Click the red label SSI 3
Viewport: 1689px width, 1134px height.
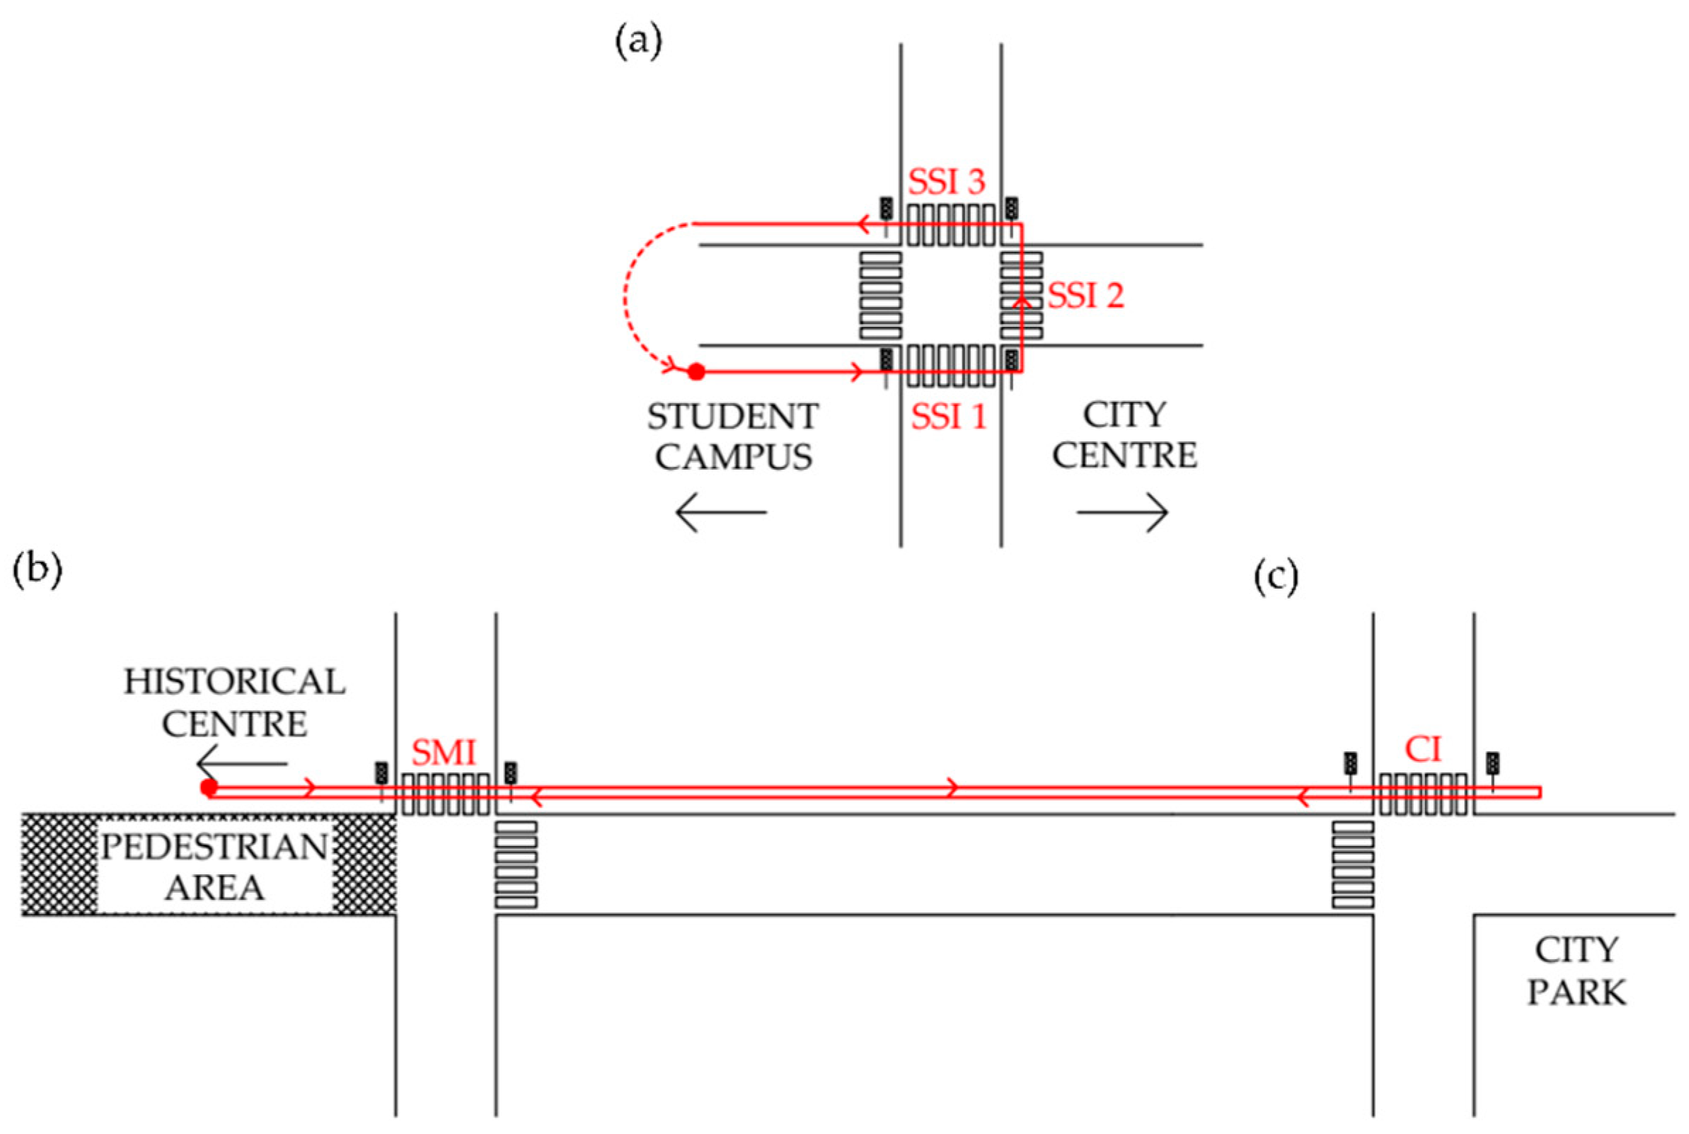(946, 182)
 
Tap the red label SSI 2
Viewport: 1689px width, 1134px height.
(1085, 296)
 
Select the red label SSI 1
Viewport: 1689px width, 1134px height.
(948, 417)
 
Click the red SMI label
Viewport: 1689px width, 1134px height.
(444, 753)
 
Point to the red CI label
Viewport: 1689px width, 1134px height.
(1423, 749)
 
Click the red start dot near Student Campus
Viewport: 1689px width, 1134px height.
(696, 371)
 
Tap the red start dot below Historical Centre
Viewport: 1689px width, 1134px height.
(209, 787)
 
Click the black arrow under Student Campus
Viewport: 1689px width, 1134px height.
(720, 513)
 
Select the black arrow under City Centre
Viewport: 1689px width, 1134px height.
(1122, 513)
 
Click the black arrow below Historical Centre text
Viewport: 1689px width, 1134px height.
(241, 763)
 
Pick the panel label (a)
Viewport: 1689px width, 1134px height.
(638, 42)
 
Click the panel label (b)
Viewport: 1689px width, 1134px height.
(38, 569)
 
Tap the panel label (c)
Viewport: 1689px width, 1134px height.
(1276, 577)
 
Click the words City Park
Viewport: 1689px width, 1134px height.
(1576, 971)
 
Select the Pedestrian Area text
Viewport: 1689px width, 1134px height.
(214, 867)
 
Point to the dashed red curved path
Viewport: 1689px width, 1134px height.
(627, 296)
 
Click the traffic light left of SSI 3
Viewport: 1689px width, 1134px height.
(885, 209)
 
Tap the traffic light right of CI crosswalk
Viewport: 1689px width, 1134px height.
(1492, 763)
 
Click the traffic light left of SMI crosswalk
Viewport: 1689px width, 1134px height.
(381, 773)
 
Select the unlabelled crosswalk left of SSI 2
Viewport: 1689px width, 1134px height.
(880, 295)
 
